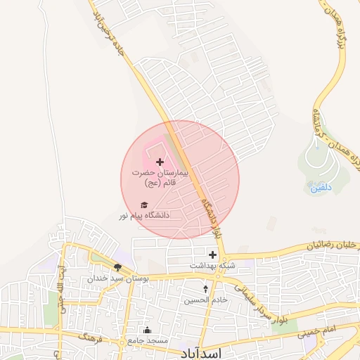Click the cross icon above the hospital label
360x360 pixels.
point(160,162)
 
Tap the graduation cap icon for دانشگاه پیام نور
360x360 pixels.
point(134,205)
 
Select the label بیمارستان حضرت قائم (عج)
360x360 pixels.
point(160,176)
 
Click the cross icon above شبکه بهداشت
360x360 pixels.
point(212,254)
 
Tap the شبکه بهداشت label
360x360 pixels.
point(210,266)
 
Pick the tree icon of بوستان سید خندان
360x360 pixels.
point(117,267)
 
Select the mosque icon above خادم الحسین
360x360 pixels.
point(205,289)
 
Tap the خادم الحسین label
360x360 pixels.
point(206,300)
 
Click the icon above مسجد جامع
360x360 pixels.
point(147,330)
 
